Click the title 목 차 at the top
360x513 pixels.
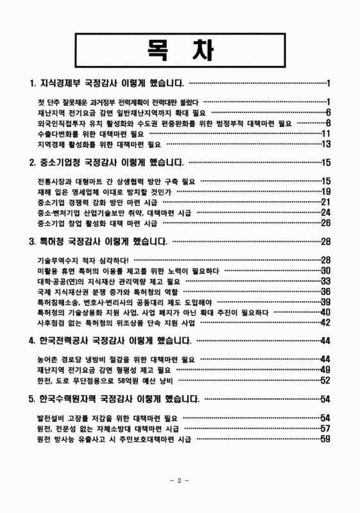pos(180,48)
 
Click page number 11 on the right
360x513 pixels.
pos(325,133)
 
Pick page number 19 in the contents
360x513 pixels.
pos(325,191)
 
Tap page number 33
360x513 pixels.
pos(325,281)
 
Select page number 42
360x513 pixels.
pos(325,322)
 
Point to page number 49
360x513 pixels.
pos(325,370)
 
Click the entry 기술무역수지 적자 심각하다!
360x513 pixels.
pos(83,260)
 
